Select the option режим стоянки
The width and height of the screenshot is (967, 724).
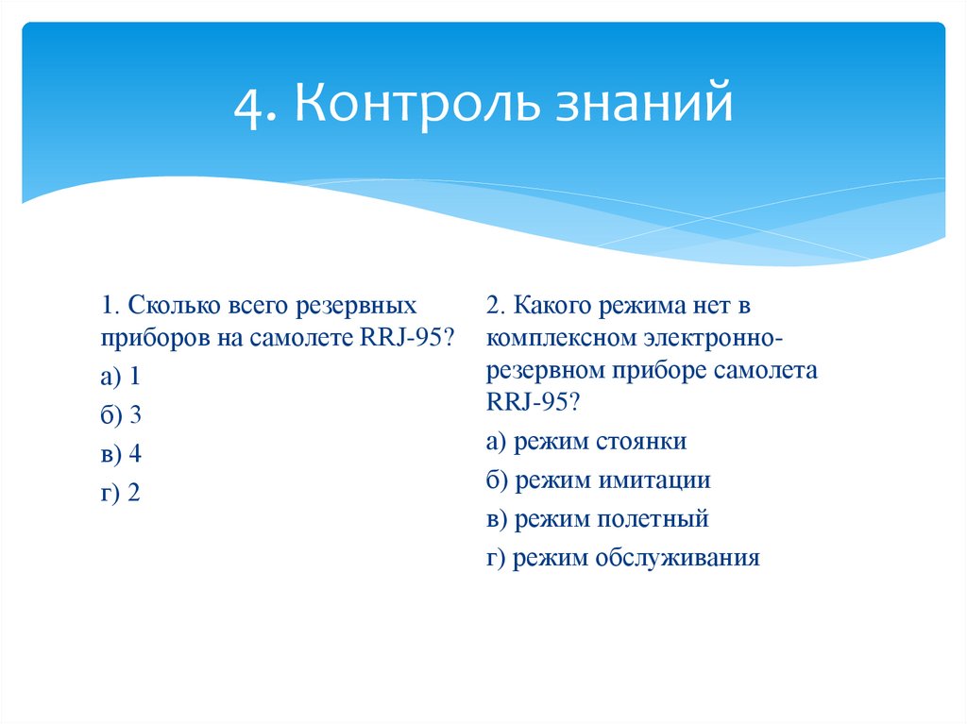(x=586, y=442)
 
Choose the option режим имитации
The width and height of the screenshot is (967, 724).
(x=599, y=480)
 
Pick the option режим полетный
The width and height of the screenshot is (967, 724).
(x=598, y=519)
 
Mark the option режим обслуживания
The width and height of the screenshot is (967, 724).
(x=623, y=558)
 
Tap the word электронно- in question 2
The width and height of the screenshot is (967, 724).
(x=712, y=337)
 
